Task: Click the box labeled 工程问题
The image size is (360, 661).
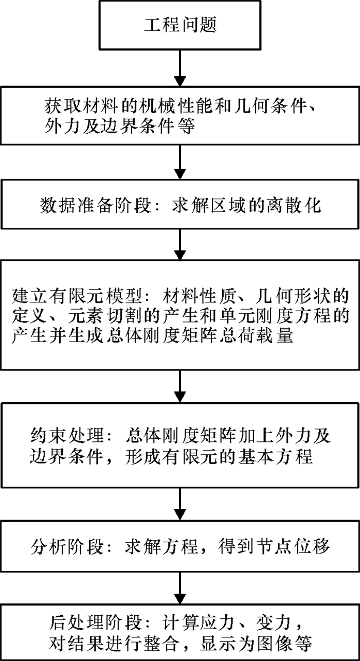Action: tap(180, 25)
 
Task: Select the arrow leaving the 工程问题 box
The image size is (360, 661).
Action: tap(180, 67)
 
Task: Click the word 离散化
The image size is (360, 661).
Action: tap(301, 206)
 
